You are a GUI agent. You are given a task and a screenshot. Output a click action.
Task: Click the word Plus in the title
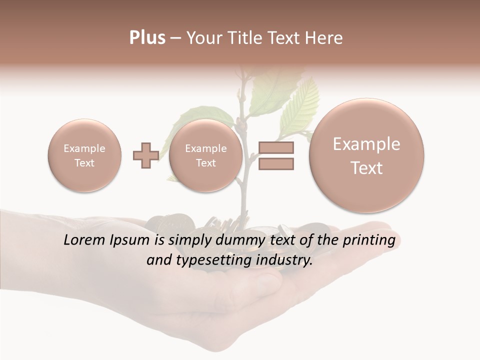click(x=147, y=38)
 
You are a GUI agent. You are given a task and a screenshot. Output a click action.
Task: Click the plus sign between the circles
click(x=145, y=155)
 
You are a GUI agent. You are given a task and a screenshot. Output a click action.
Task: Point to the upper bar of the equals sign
click(x=276, y=148)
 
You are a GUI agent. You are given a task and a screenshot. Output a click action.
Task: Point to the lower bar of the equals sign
click(x=276, y=163)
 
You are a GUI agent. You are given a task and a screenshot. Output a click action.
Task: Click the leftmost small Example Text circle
click(x=84, y=155)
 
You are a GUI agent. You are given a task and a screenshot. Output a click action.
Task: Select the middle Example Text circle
click(x=206, y=155)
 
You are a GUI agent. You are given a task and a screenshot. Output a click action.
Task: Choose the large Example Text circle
click(x=366, y=155)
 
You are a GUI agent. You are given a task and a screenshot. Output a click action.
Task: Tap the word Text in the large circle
click(x=366, y=168)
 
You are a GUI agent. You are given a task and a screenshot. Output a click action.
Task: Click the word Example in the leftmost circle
click(x=84, y=148)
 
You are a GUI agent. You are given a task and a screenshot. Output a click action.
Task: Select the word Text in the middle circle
click(x=206, y=163)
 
